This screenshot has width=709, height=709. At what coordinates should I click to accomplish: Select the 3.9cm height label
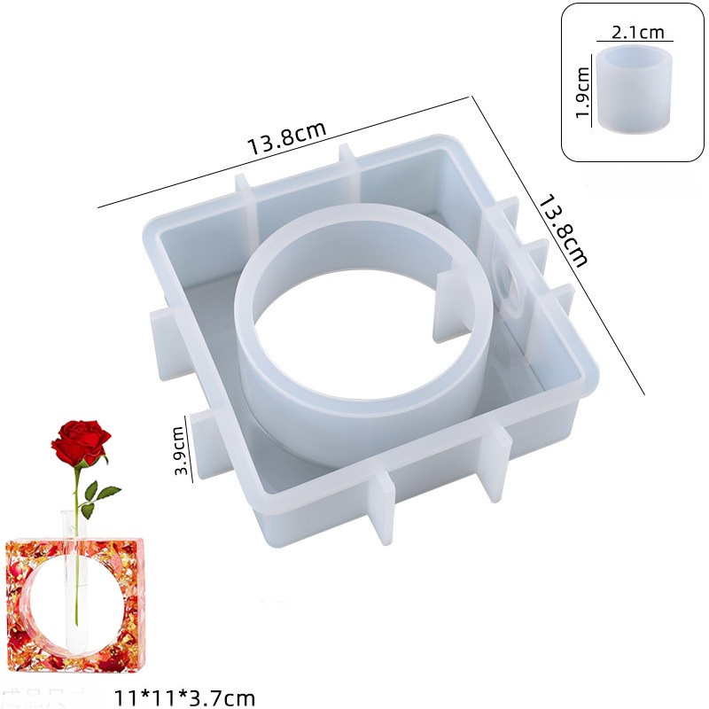coord(178,450)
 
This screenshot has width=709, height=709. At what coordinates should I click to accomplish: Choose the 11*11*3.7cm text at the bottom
coord(186,697)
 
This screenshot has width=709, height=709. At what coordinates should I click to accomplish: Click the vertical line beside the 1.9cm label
coord(592,92)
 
